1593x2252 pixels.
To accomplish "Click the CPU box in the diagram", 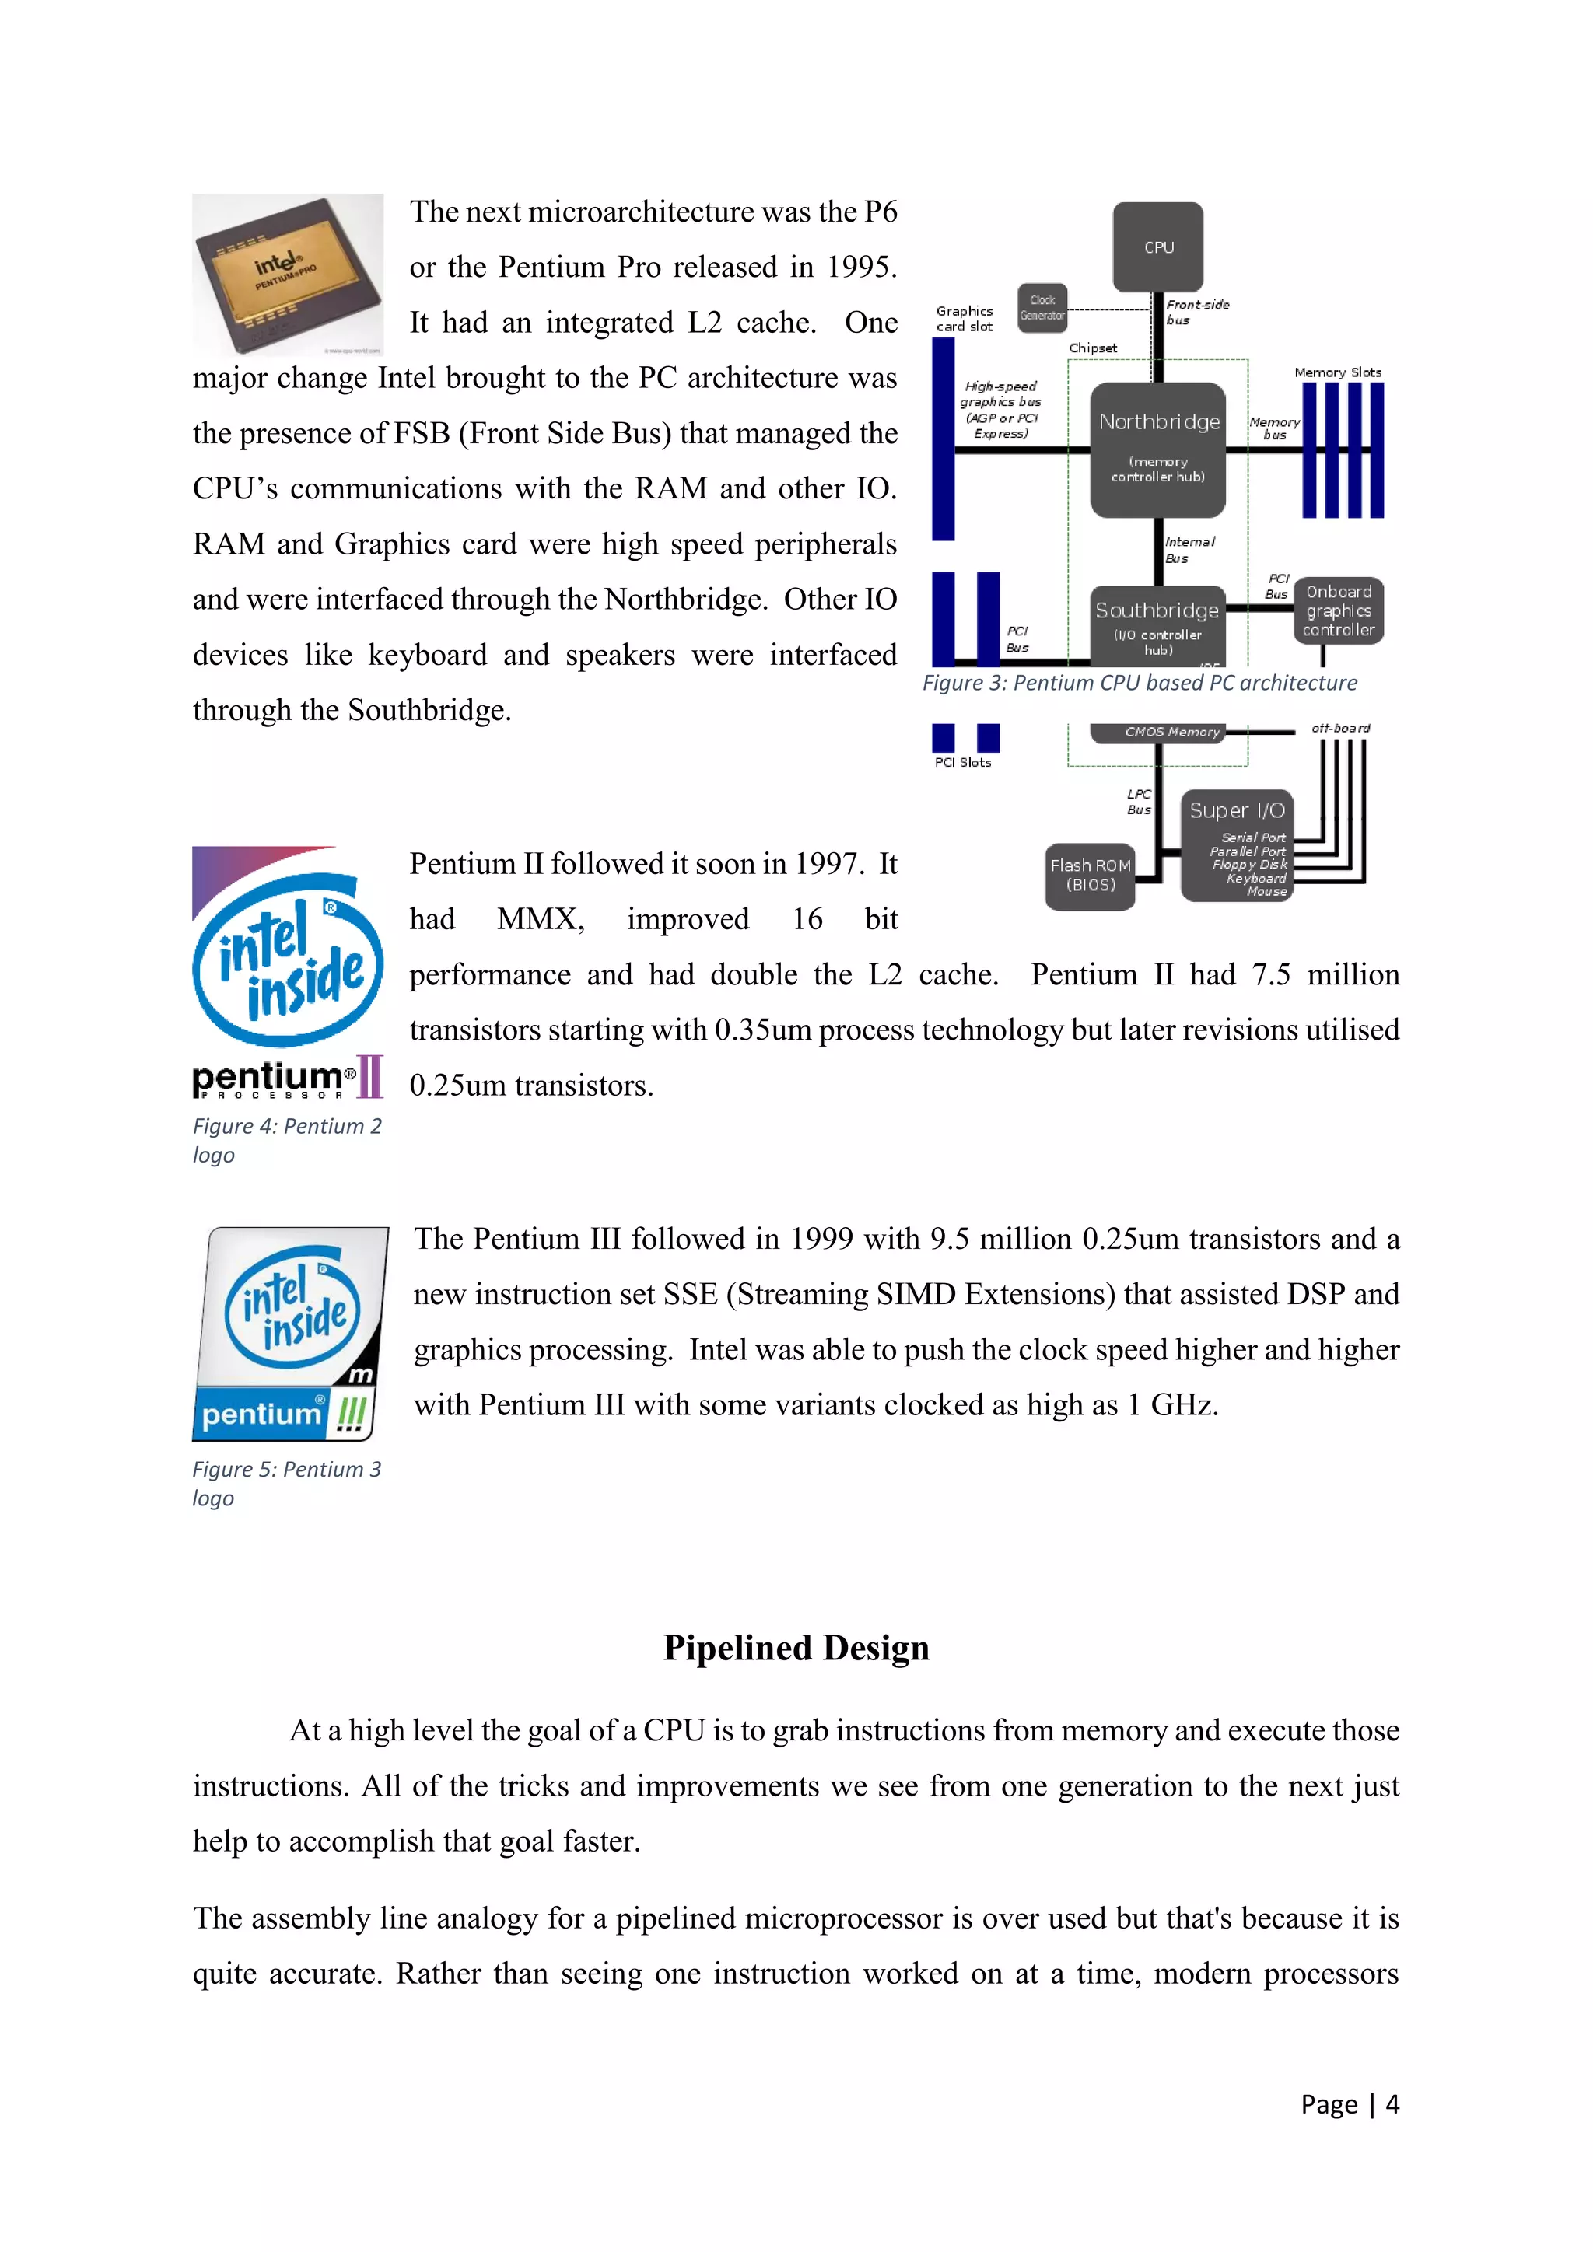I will pyautogui.click(x=1157, y=247).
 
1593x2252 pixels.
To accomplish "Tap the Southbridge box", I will pyautogui.click(x=1157, y=624).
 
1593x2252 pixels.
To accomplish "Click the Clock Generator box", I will pyautogui.click(x=1042, y=308).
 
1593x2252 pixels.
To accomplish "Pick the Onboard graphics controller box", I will pyautogui.click(x=1338, y=610).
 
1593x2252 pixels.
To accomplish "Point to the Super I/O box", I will pyautogui.click(x=1237, y=844).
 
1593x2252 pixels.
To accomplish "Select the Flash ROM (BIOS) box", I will pyautogui.click(x=1090, y=875).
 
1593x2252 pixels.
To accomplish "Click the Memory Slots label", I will pyautogui.click(x=1337, y=372).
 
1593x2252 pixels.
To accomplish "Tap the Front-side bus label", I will pyautogui.click(x=1197, y=312).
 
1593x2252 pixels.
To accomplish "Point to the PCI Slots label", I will pyautogui.click(x=962, y=762).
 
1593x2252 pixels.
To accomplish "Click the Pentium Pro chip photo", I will pyautogui.click(x=287, y=274).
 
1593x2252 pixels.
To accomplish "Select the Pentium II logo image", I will pyautogui.click(x=287, y=972).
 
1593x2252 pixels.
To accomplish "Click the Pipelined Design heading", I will pyautogui.click(x=796, y=1648).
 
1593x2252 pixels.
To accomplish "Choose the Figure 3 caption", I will pyautogui.click(x=1139, y=683).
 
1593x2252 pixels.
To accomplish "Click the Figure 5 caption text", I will pyautogui.click(x=285, y=1482).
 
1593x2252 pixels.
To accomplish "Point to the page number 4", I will pyautogui.click(x=1392, y=2104).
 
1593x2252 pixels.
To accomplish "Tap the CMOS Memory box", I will pyautogui.click(x=1171, y=732).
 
